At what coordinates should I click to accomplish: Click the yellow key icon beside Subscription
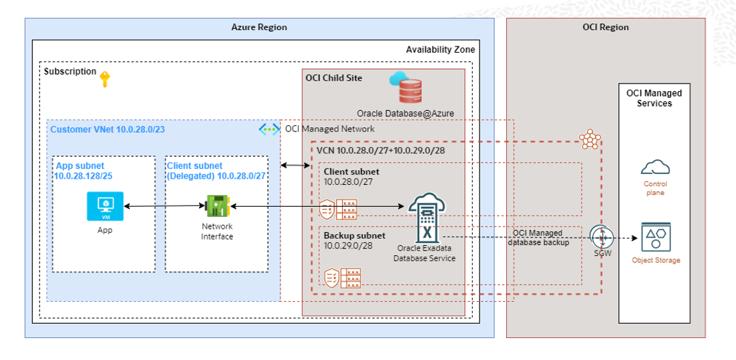tap(105, 79)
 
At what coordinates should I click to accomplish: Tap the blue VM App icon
tap(105, 206)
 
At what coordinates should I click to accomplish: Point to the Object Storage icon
tap(655, 237)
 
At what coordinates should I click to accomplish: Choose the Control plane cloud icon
tap(655, 166)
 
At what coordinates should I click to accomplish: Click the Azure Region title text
tap(259, 27)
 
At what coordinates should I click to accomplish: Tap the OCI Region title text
tap(605, 27)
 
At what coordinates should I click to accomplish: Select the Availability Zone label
tap(440, 50)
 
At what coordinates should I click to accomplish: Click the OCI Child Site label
tap(334, 78)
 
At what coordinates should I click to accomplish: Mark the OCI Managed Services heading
tap(654, 98)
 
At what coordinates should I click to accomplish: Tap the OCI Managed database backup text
tap(538, 237)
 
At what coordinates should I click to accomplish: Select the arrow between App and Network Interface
tap(165, 205)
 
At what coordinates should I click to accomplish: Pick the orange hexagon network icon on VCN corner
tap(590, 140)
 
